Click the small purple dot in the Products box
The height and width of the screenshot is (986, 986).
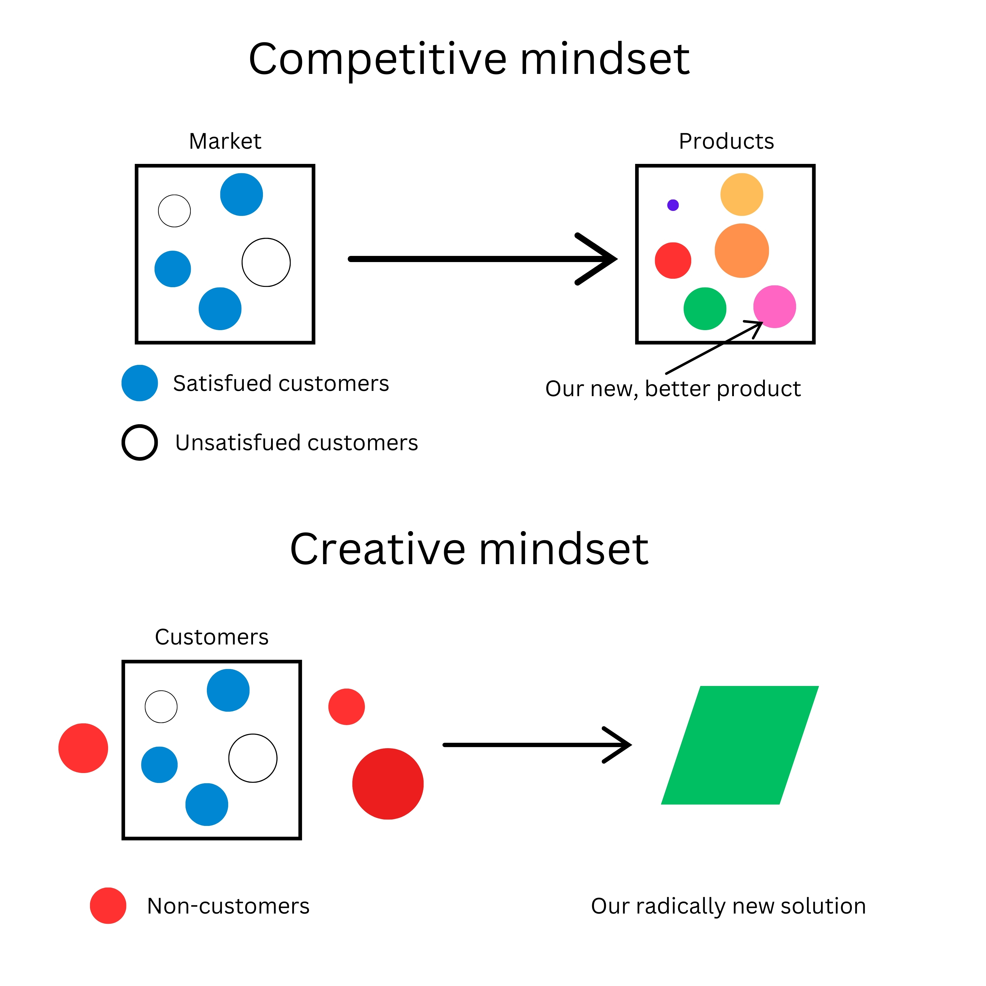pyautogui.click(x=673, y=205)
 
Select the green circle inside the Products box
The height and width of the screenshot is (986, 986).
pyautogui.click(x=705, y=309)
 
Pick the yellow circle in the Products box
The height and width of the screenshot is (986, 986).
pyautogui.click(x=741, y=195)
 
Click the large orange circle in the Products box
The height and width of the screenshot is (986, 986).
pyautogui.click(x=741, y=251)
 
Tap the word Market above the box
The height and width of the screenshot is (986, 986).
pyautogui.click(x=225, y=141)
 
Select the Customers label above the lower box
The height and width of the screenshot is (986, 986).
pyautogui.click(x=211, y=637)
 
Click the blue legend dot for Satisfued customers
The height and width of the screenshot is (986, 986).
pyautogui.click(x=139, y=383)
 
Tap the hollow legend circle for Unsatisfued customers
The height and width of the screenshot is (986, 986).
pyautogui.click(x=139, y=443)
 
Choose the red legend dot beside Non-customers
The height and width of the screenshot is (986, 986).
pyautogui.click(x=108, y=905)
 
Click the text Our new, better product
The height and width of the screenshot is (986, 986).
pyautogui.click(x=673, y=389)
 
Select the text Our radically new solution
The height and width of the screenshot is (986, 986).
pyautogui.click(x=728, y=906)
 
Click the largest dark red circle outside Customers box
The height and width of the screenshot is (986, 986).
pyautogui.click(x=388, y=784)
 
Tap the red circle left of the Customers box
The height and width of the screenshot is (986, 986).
pyautogui.click(x=83, y=748)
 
